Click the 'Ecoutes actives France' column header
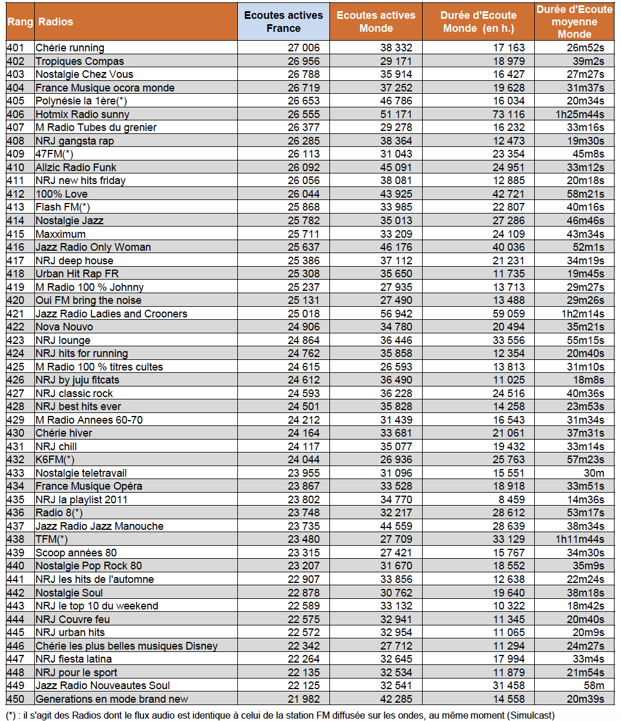[283, 22]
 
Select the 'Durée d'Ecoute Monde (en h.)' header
[478, 22]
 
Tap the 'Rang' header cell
[19, 22]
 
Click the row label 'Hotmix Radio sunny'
[82, 114]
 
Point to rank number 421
[16, 314]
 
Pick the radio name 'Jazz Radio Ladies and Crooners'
[111, 314]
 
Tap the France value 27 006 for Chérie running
[303, 48]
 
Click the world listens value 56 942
[396, 314]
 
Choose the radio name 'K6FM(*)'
[55, 460]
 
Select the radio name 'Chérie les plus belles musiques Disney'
[126, 646]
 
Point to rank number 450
[16, 699]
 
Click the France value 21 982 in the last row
[303, 699]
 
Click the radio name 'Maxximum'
[60, 234]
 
